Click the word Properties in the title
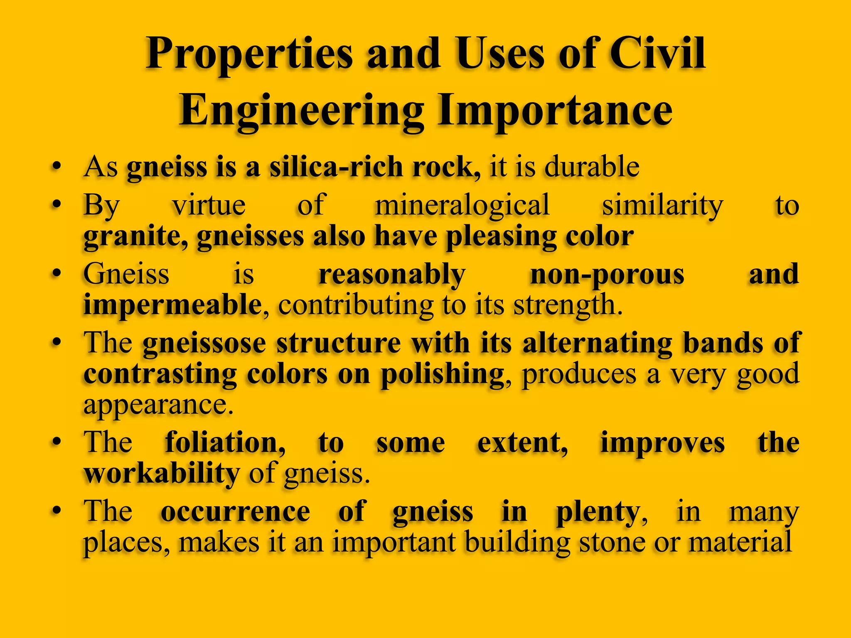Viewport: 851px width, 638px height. click(x=248, y=55)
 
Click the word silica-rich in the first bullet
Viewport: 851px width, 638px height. click(x=336, y=167)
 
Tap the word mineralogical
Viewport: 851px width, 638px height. click(x=462, y=205)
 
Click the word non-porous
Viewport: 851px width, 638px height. click(x=607, y=275)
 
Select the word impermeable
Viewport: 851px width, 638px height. click(x=172, y=305)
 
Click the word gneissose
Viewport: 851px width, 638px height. click(x=204, y=344)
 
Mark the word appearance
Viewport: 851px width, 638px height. click(x=158, y=405)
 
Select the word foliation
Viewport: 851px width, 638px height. click(x=225, y=442)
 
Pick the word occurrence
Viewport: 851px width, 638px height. click(x=235, y=512)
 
